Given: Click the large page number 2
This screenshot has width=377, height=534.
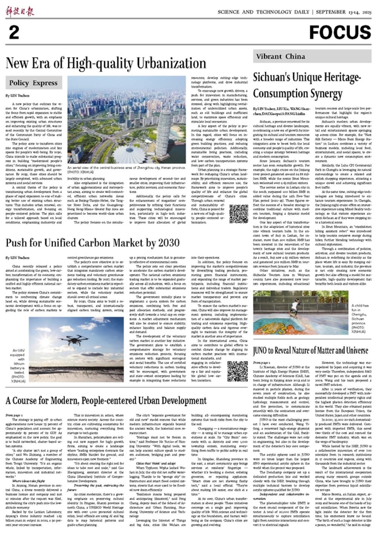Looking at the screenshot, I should click(x=14, y=33).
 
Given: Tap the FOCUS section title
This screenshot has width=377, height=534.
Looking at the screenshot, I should click(x=340, y=33).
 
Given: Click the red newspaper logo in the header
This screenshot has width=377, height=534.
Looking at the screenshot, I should click(x=20, y=11).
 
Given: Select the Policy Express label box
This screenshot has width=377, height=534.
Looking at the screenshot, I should click(x=34, y=83).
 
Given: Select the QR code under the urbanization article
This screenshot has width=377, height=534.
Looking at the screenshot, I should click(x=238, y=214).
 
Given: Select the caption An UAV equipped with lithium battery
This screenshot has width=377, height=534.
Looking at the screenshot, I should click(x=18, y=363).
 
